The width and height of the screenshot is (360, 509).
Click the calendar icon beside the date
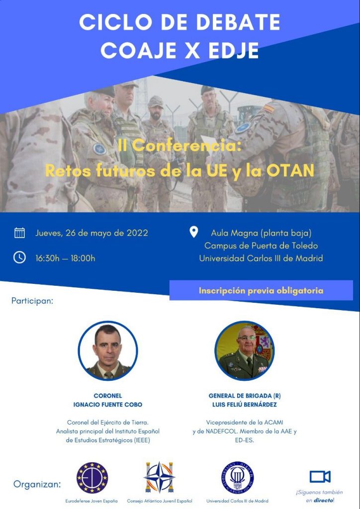[19, 233]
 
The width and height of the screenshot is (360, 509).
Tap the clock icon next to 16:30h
[19, 257]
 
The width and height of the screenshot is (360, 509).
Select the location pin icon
[194, 232]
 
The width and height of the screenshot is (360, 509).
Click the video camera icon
[320, 477]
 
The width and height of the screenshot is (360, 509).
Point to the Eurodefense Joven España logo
[92, 478]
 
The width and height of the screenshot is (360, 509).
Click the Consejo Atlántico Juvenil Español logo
[160, 477]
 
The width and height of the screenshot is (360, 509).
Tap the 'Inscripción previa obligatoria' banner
[261, 290]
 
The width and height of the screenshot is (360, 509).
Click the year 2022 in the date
[137, 233]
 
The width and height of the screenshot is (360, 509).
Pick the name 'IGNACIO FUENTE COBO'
[108, 405]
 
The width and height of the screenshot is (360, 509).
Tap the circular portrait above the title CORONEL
[108, 350]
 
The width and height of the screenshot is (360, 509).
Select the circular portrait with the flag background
[245, 350]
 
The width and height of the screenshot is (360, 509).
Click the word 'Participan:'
[32, 301]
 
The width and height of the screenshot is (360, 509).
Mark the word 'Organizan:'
[37, 485]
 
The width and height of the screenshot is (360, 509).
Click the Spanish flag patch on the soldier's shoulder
[269, 108]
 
